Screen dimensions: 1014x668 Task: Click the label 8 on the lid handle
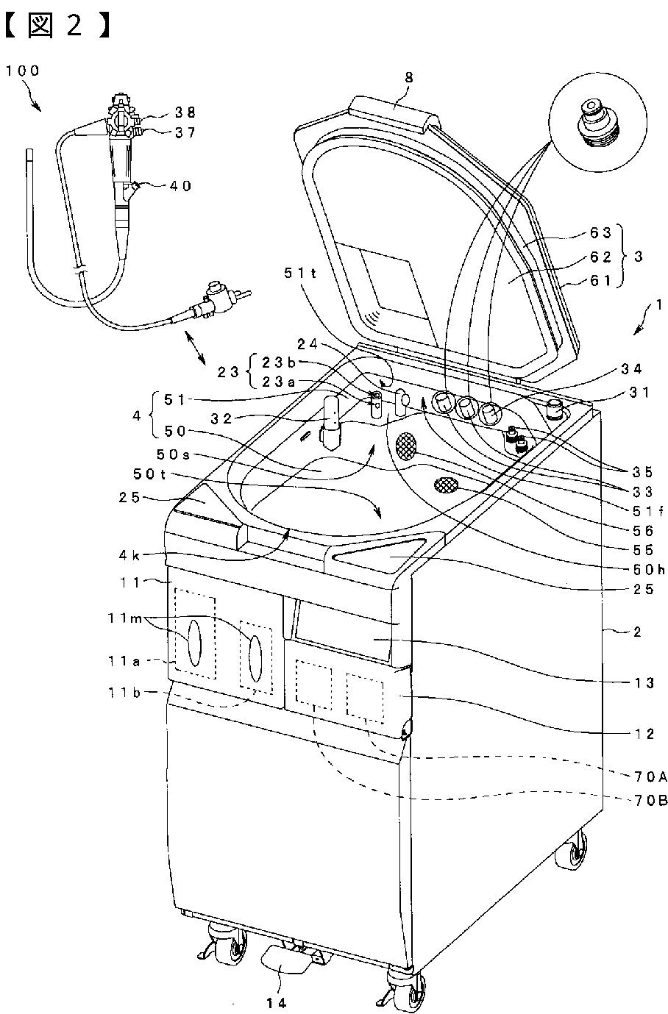[397, 93]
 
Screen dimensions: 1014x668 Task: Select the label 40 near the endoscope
[180, 186]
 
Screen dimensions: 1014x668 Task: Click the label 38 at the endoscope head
[185, 113]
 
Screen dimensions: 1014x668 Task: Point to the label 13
[645, 683]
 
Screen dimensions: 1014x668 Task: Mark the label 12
[645, 733]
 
